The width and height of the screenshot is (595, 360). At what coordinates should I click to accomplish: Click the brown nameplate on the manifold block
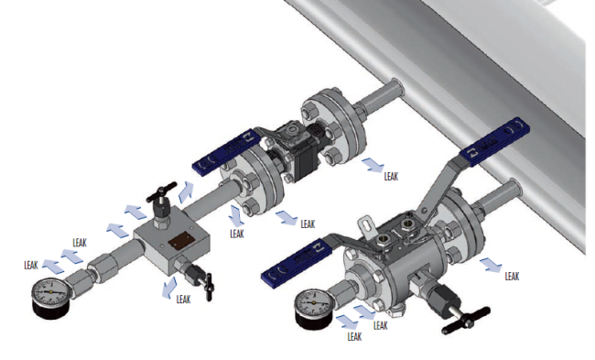click(x=182, y=241)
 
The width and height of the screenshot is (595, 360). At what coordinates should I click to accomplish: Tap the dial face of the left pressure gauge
click(x=50, y=292)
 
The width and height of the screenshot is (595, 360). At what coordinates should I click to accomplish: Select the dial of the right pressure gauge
click(x=314, y=302)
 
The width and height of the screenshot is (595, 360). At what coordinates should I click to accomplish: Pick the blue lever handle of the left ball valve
click(x=227, y=151)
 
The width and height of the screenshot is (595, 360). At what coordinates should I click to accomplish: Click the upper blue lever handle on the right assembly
click(x=495, y=141)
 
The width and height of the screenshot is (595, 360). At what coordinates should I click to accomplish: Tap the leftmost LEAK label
click(x=31, y=265)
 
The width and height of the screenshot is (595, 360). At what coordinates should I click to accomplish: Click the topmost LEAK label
click(x=391, y=176)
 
